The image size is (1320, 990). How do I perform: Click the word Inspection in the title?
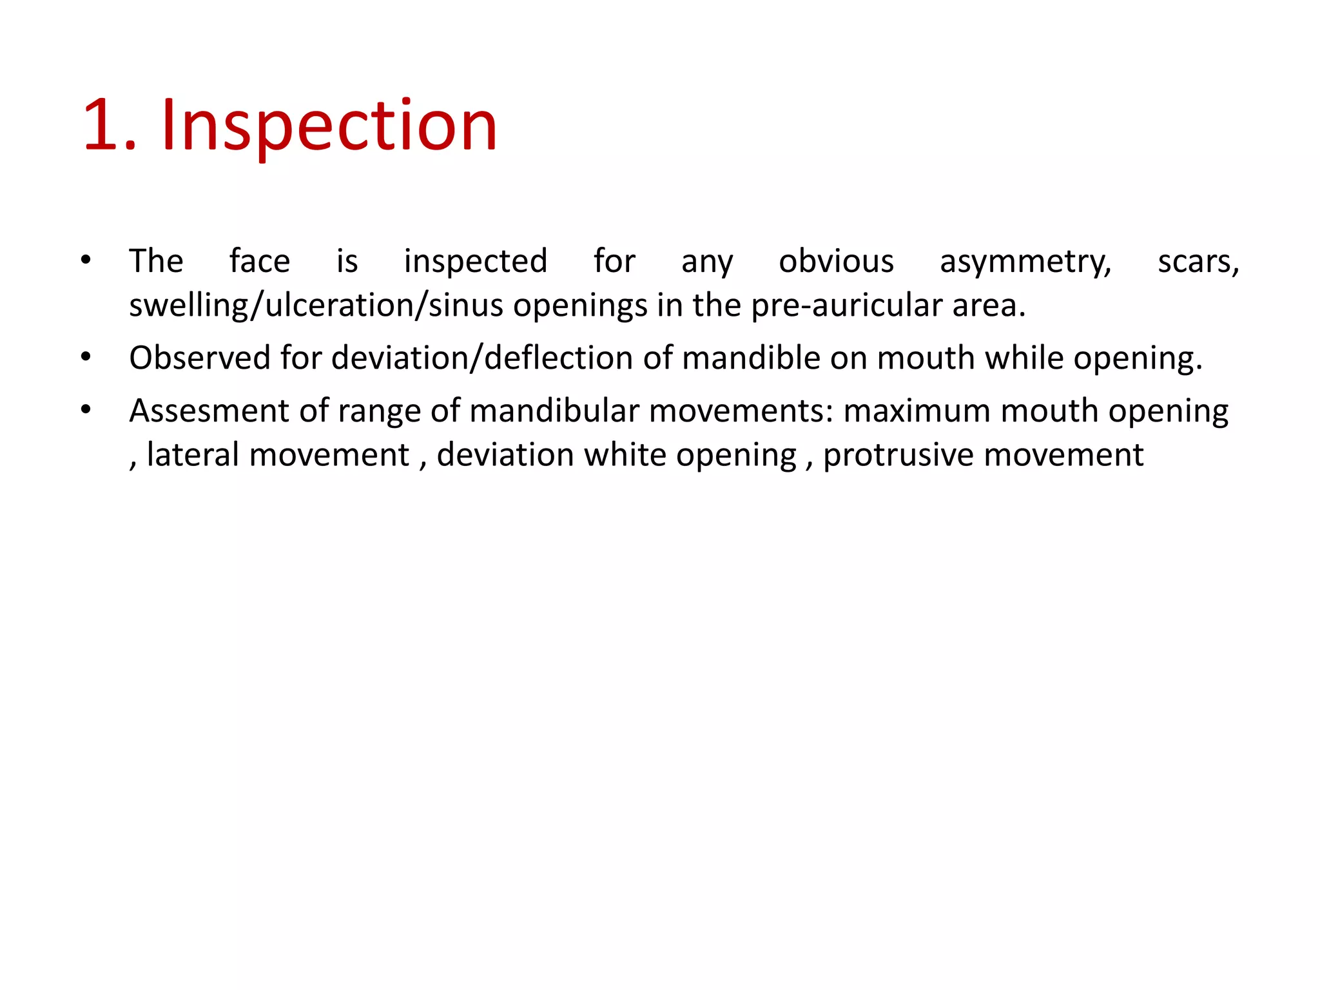point(329,125)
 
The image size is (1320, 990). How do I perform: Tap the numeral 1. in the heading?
point(110,125)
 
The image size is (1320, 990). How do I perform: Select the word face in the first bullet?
point(260,262)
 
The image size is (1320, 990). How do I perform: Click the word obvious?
point(836,262)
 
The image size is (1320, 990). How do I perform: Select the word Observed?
point(199,358)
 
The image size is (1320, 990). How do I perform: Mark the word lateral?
point(193,455)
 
